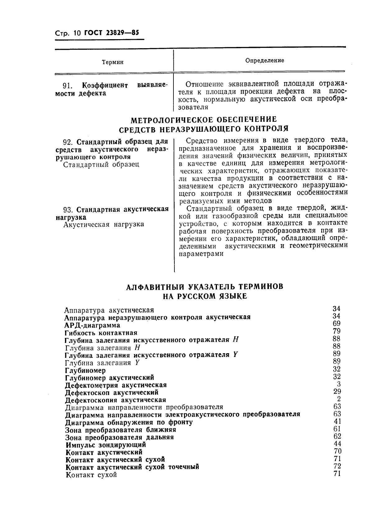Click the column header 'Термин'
coord(113,62)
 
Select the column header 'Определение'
coord(265,60)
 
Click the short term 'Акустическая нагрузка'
coord(104,224)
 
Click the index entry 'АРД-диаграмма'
coord(92,326)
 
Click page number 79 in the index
coord(337,331)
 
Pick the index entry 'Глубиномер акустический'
coord(109,378)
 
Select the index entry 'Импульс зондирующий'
coord(106,445)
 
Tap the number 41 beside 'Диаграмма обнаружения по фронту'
coord(337,422)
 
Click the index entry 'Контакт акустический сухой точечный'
coord(132,467)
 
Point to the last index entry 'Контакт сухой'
coord(91,475)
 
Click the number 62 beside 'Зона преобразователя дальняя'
coord(337,437)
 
